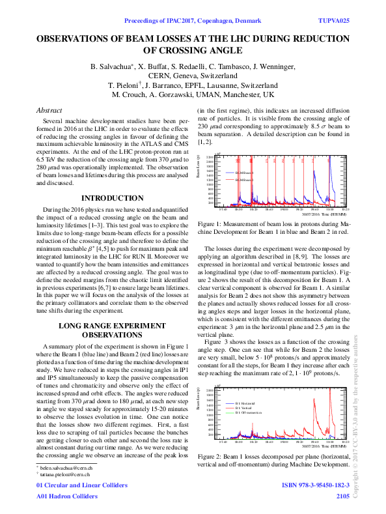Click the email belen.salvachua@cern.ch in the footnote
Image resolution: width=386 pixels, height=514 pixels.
62,468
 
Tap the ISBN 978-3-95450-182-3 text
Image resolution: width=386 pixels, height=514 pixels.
315,485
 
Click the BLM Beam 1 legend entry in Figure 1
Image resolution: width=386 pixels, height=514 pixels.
241,173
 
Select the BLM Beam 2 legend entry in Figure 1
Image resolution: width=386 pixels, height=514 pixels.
241,179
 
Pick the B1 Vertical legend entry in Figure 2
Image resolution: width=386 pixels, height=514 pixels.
243,408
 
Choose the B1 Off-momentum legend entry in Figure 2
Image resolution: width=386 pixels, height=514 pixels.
247,413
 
